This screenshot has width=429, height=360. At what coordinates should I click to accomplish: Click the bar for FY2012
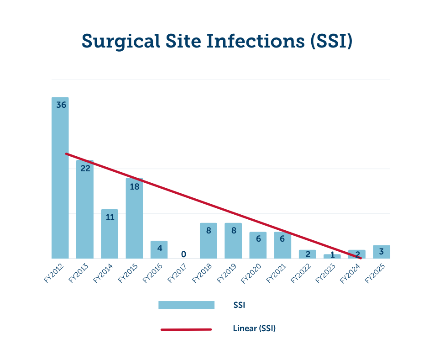tap(60, 183)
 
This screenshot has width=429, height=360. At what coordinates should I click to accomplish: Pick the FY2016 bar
tap(159, 250)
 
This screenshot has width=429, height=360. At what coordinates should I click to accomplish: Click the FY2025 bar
tap(382, 252)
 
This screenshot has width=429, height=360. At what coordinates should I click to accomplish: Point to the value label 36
tap(61, 105)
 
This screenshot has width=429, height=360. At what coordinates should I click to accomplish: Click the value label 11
tap(110, 217)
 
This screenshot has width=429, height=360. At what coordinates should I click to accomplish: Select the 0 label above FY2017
tap(183, 254)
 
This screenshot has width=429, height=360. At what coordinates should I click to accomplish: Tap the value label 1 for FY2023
tap(332, 254)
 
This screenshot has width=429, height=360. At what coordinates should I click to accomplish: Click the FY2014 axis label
tap(104, 273)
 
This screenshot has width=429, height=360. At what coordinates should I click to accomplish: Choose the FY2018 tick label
tap(202, 273)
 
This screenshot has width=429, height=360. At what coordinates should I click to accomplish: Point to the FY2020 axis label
tap(252, 273)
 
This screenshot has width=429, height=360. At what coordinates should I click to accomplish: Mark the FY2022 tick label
tap(301, 273)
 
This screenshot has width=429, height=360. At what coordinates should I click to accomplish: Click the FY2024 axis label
tap(351, 273)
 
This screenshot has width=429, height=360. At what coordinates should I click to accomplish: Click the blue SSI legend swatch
tap(186, 305)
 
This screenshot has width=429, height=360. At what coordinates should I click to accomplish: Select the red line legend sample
tap(186, 329)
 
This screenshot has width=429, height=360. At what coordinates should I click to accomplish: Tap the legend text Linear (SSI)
tap(254, 328)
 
